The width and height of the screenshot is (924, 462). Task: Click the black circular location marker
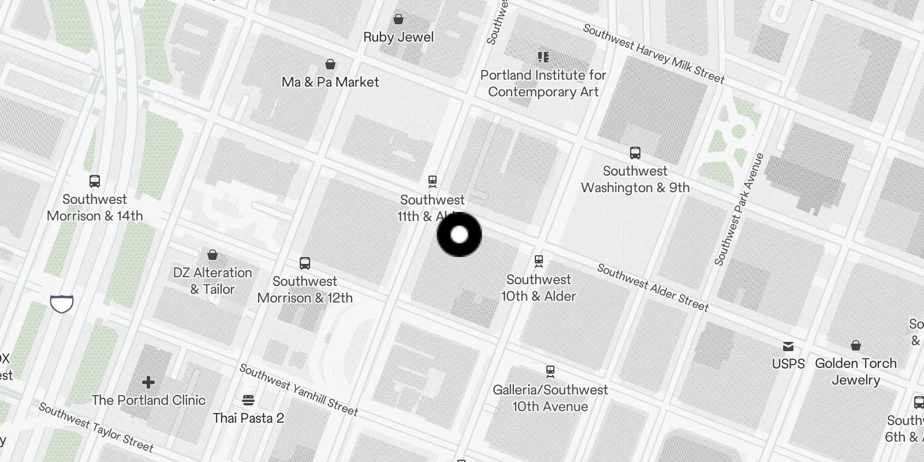pos(459,234)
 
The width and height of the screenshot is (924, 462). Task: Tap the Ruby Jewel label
pos(398,37)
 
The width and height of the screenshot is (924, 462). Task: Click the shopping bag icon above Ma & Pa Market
pos(330,64)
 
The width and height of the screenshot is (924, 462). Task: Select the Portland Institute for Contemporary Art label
pos(543,83)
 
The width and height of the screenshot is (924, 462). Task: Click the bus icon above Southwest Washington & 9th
pos(635,153)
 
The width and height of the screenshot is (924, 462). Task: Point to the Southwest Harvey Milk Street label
pos(653,53)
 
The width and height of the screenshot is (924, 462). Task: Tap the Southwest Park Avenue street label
pos(739,209)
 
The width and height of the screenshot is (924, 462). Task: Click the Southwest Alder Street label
pos(653,287)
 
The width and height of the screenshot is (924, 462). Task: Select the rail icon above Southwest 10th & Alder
pos(539,262)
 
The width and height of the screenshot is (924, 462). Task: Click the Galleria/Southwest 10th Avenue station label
pos(550,398)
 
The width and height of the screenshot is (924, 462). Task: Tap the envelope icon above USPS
pos(788,346)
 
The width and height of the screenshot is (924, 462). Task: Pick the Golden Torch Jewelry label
pos(855,371)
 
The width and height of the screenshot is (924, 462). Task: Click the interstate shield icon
pos(62,303)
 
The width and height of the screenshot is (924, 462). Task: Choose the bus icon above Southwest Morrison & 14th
pos(95,181)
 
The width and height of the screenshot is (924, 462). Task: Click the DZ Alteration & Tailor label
pos(213,281)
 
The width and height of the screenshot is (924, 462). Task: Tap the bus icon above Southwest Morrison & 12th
pos(305,263)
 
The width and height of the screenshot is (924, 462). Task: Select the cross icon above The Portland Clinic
pos(148,382)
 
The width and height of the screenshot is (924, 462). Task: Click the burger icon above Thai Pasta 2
pos(248,400)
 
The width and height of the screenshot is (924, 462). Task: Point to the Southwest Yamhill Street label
pos(299,390)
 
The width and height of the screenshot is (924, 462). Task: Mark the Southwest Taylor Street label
pos(96,427)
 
